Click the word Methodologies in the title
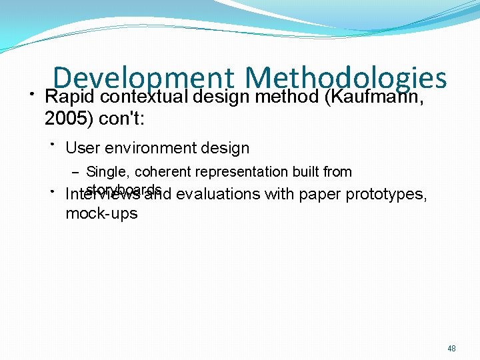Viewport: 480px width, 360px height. click(345, 78)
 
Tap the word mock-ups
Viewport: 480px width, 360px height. click(101, 213)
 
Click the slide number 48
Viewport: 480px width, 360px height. click(451, 348)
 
